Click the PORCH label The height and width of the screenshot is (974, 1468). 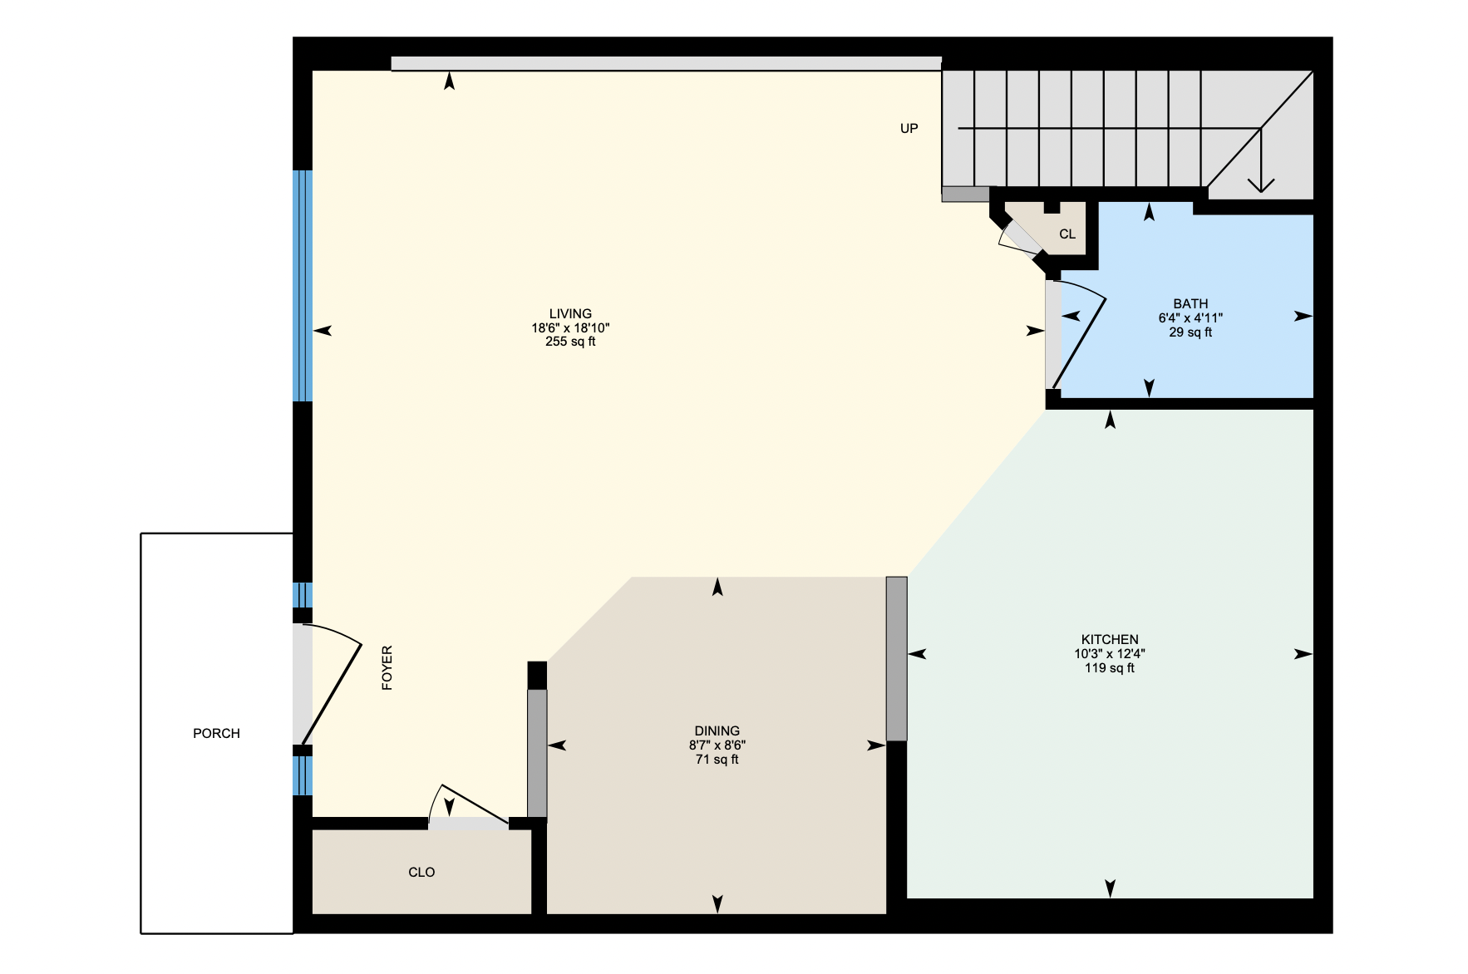216,733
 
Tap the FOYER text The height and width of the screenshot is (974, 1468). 387,668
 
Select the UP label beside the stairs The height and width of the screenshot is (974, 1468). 909,128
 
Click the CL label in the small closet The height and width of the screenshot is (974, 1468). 1067,234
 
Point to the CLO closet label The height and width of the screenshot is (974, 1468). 421,872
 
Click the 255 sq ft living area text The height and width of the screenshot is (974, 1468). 570,342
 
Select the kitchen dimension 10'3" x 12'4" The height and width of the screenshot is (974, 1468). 1109,654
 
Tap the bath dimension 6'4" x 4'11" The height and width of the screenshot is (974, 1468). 1190,318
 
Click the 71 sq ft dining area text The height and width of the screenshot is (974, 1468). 717,760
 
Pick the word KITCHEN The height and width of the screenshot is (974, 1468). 1109,640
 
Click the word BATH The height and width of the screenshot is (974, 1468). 1190,304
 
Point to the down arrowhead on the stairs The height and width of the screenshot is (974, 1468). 1261,184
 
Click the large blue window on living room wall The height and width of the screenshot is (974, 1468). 303,286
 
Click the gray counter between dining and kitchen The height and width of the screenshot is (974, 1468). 896,658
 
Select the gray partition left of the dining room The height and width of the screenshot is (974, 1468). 537,753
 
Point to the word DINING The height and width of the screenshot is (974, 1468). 717,731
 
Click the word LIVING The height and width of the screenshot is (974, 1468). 570,313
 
